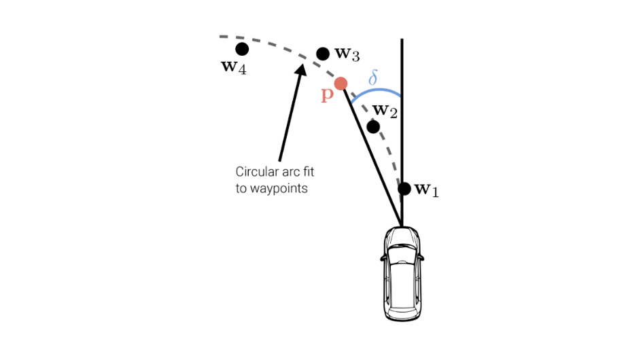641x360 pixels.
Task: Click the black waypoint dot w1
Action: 404,189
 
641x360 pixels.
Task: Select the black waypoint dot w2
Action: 373,126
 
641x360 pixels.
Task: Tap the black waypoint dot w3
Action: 323,54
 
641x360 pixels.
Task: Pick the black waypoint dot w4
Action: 242,49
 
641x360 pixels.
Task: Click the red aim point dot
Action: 341,84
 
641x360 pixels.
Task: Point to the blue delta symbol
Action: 373,77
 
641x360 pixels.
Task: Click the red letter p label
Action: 327,95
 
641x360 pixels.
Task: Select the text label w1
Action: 426,190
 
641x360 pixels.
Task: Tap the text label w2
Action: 385,111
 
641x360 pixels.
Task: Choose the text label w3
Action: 347,54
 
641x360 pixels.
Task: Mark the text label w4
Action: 233,67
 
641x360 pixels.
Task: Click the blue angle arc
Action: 377,90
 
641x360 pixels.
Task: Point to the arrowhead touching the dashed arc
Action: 301,69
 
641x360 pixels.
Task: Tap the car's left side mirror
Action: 383,258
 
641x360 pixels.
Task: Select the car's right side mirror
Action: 421,258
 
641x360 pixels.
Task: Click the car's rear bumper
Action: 402,317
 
